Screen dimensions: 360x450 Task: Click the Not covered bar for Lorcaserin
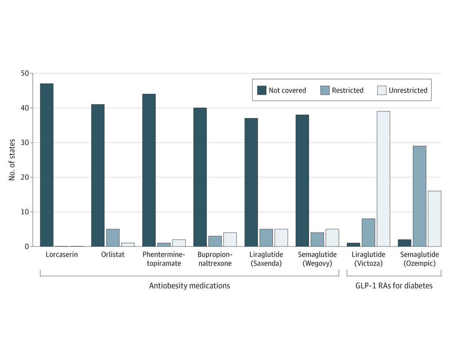click(46, 165)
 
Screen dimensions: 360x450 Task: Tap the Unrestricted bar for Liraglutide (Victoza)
click(383, 179)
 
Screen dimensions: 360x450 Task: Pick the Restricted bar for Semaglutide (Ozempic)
click(419, 196)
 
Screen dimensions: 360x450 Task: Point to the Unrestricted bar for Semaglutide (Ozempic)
click(434, 218)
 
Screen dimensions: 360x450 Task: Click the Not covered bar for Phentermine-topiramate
click(149, 170)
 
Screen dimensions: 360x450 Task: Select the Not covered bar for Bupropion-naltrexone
click(200, 177)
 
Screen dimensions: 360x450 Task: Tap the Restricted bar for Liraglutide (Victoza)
click(368, 232)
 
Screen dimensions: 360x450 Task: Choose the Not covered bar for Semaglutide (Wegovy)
click(302, 180)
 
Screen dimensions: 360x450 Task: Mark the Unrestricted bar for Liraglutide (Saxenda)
click(281, 238)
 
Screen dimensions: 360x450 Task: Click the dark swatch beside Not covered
click(261, 90)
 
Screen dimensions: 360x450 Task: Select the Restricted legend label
click(347, 90)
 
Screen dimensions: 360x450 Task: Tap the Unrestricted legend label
click(408, 90)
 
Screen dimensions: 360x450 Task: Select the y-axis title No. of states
click(12, 160)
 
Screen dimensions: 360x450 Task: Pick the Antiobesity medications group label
click(189, 286)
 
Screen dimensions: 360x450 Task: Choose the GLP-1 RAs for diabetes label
click(394, 286)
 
